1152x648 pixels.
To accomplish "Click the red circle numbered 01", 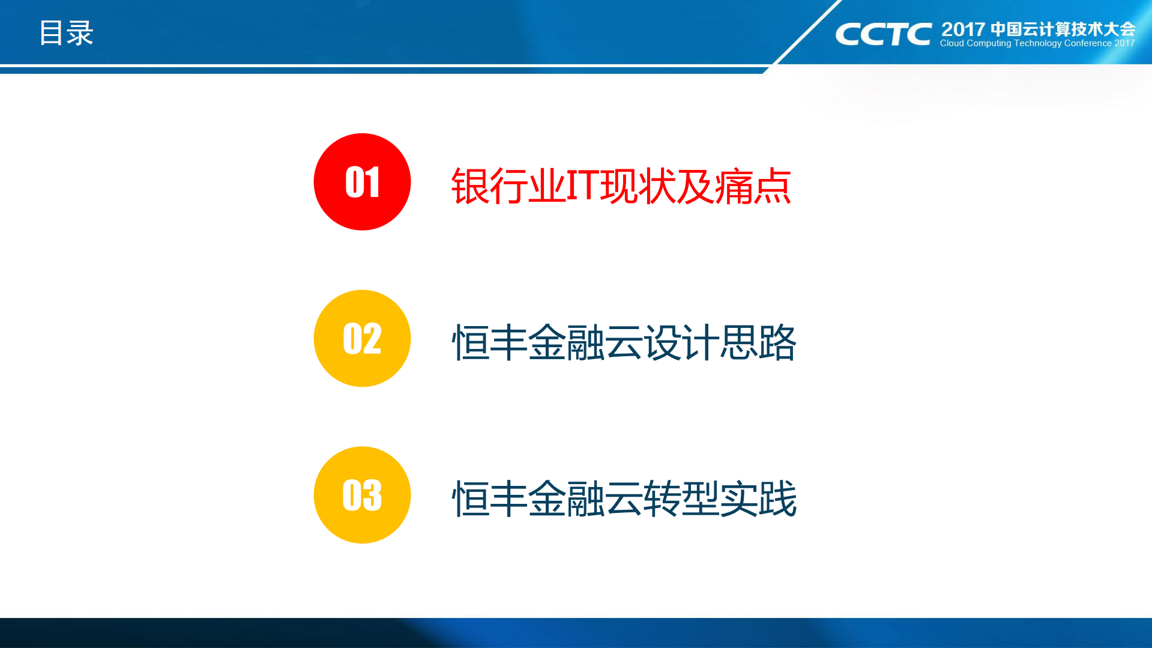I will pyautogui.click(x=362, y=181).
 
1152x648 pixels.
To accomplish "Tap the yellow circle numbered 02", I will pyautogui.click(x=362, y=338).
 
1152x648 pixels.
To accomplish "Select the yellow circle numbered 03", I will pyautogui.click(x=362, y=495).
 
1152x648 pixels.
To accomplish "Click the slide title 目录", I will pyautogui.click(x=66, y=33).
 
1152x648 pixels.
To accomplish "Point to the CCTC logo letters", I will pyautogui.click(x=883, y=34).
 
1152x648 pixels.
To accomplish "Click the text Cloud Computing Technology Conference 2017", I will pyautogui.click(x=1037, y=43).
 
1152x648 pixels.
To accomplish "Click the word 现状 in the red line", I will pyautogui.click(x=638, y=186).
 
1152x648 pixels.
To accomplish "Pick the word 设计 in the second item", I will pyautogui.click(x=681, y=342).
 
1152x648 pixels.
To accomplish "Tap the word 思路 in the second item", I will pyautogui.click(x=758, y=342).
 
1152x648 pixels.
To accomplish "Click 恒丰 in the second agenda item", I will pyautogui.click(x=489, y=342).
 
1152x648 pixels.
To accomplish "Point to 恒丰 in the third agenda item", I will pyautogui.click(x=489, y=498).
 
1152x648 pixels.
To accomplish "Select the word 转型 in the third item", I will pyautogui.click(x=681, y=498).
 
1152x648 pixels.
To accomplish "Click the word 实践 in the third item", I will pyautogui.click(x=758, y=498).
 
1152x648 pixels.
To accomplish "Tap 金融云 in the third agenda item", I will pyautogui.click(x=585, y=498).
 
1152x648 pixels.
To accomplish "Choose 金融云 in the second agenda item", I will pyautogui.click(x=585, y=342).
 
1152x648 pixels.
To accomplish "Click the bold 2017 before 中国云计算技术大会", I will pyautogui.click(x=963, y=29).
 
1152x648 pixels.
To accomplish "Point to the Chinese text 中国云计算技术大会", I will pyautogui.click(x=1063, y=29).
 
